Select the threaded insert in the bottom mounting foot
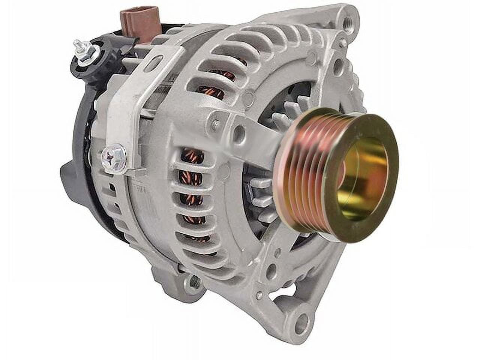(194, 280)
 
